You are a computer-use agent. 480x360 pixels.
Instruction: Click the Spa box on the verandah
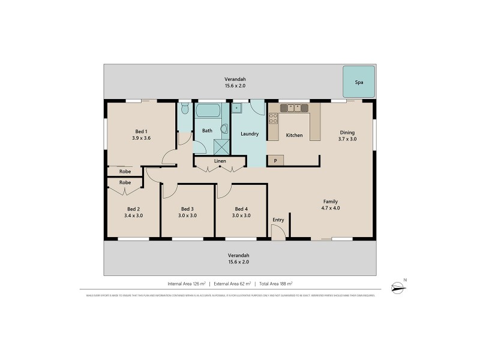(359, 81)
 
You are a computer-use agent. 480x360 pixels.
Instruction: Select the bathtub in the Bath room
(208, 110)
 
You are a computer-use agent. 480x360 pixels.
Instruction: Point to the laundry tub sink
(237, 109)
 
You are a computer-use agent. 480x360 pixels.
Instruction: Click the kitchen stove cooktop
(274, 118)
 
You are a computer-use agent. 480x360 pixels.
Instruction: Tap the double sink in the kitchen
(294, 108)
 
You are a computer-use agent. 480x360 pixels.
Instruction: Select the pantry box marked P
(275, 160)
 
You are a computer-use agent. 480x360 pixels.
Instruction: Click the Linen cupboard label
(220, 161)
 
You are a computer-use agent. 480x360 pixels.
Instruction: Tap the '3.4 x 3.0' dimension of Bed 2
(133, 215)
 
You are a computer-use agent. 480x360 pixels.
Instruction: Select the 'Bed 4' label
(241, 209)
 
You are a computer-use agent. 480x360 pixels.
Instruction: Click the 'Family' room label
(330, 202)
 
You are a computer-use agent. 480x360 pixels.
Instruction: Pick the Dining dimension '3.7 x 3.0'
(348, 139)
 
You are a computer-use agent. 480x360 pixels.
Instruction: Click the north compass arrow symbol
(397, 287)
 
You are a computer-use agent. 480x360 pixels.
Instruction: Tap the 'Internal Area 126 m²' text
(186, 283)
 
